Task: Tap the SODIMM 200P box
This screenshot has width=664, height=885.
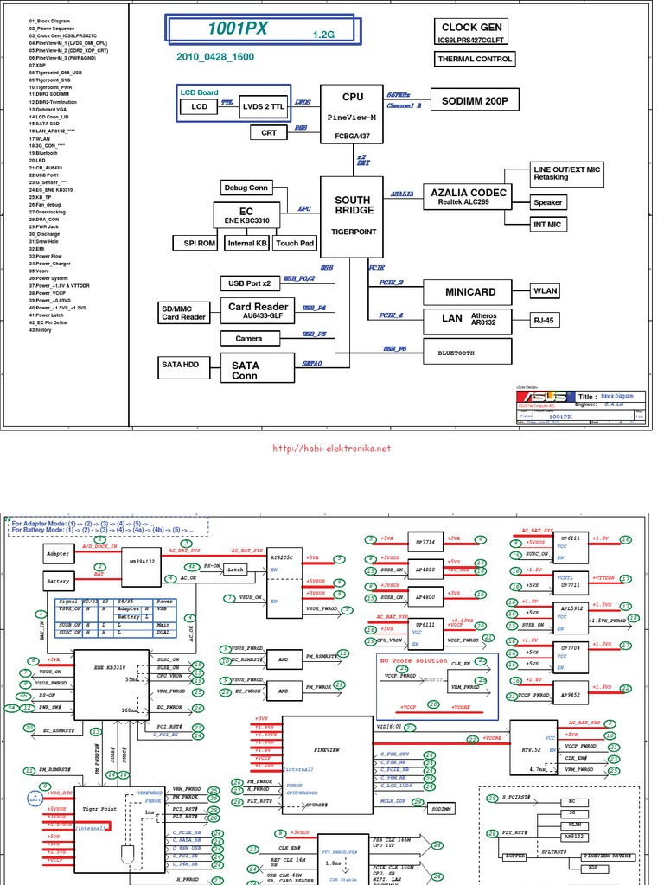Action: coord(474,101)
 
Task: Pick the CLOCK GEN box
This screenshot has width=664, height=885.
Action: coord(472,33)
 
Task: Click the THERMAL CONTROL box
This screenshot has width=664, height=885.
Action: coord(475,60)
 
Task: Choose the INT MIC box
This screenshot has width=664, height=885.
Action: coord(547,225)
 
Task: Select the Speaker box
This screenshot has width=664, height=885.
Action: coord(547,202)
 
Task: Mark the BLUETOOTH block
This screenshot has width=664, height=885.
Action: coord(468,352)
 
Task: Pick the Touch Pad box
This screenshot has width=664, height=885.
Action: coord(295,244)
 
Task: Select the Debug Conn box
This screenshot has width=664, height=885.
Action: coord(246,188)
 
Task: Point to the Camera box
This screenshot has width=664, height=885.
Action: coord(249,338)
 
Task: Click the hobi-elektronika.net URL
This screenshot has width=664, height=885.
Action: coord(332,449)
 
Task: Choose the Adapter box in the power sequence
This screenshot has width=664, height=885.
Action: coord(58,552)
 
